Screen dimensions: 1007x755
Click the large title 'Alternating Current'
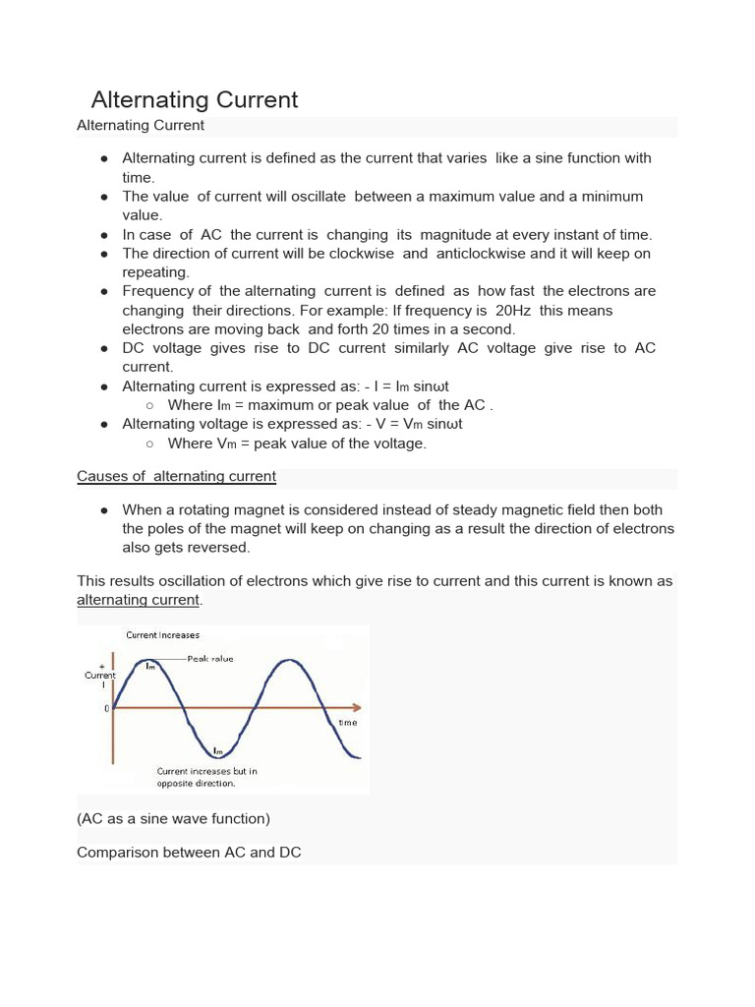tap(194, 99)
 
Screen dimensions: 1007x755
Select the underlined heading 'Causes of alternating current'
tap(176, 476)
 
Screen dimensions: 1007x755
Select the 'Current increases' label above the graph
tap(162, 635)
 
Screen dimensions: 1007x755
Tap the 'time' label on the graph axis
tap(348, 722)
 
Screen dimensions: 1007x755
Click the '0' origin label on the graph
tap(107, 708)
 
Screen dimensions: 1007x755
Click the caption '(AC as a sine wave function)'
tap(173, 818)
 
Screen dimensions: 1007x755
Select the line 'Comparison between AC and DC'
tap(189, 853)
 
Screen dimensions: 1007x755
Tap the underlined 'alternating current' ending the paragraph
tap(138, 600)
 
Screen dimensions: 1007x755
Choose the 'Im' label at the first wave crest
tap(150, 667)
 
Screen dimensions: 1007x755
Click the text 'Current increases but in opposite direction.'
tap(207, 777)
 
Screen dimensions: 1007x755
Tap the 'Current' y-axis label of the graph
tap(100, 676)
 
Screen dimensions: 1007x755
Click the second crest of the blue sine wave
tap(288, 661)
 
